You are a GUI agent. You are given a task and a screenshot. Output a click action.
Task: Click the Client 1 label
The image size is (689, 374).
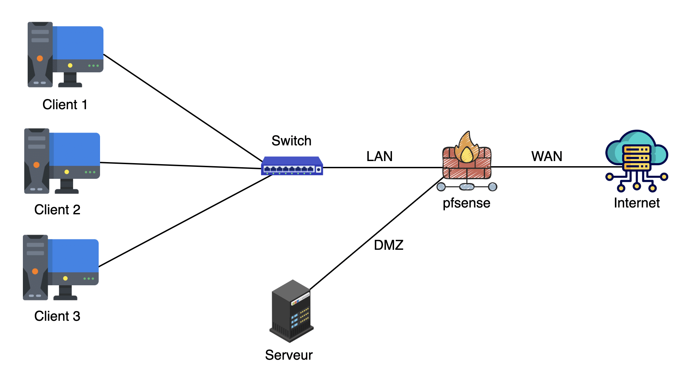[65, 104]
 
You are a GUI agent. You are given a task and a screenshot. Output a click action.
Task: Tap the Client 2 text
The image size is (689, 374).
[57, 210]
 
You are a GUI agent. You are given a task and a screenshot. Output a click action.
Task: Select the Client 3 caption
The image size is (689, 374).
[57, 316]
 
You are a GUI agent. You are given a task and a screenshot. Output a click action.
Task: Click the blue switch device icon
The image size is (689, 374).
[292, 166]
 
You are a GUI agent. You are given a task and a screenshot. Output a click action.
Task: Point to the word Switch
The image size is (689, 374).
[291, 141]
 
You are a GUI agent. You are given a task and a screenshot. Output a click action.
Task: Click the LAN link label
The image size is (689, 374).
[379, 156]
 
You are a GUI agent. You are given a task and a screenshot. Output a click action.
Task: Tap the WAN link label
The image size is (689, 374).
[547, 156]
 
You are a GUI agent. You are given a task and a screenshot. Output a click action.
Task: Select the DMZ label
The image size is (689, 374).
[389, 245]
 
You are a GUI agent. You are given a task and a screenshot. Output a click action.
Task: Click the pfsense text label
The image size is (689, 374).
[466, 203]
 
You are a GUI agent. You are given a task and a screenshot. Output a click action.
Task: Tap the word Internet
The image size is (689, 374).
[636, 203]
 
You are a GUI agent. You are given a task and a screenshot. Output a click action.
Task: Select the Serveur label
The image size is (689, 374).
[289, 355]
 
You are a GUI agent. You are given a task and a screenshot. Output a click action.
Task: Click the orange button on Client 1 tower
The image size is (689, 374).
[40, 58]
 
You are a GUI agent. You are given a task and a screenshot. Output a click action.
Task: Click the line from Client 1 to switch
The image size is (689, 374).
[183, 108]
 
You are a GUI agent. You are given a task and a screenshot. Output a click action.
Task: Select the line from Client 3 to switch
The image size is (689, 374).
[184, 221]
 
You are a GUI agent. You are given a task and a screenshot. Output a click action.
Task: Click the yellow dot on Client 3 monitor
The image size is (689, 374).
[65, 278]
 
